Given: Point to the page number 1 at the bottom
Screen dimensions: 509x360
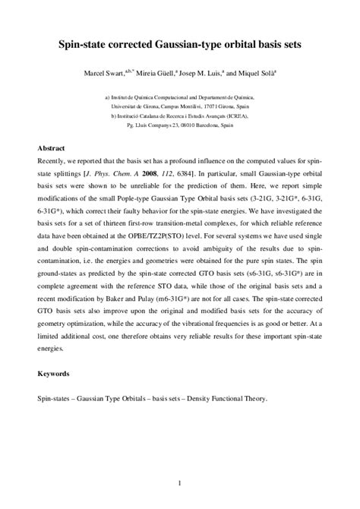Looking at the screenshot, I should [180, 483].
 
